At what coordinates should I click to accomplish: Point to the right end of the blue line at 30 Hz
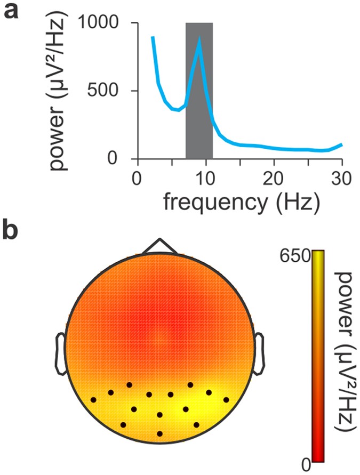click(x=341, y=144)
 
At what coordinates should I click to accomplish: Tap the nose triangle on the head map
click(x=159, y=246)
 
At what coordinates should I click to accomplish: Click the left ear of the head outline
click(x=60, y=353)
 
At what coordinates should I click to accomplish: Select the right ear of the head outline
click(x=259, y=353)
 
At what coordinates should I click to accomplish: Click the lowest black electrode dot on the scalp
click(x=159, y=433)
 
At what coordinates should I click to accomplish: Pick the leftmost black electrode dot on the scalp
click(x=93, y=399)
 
